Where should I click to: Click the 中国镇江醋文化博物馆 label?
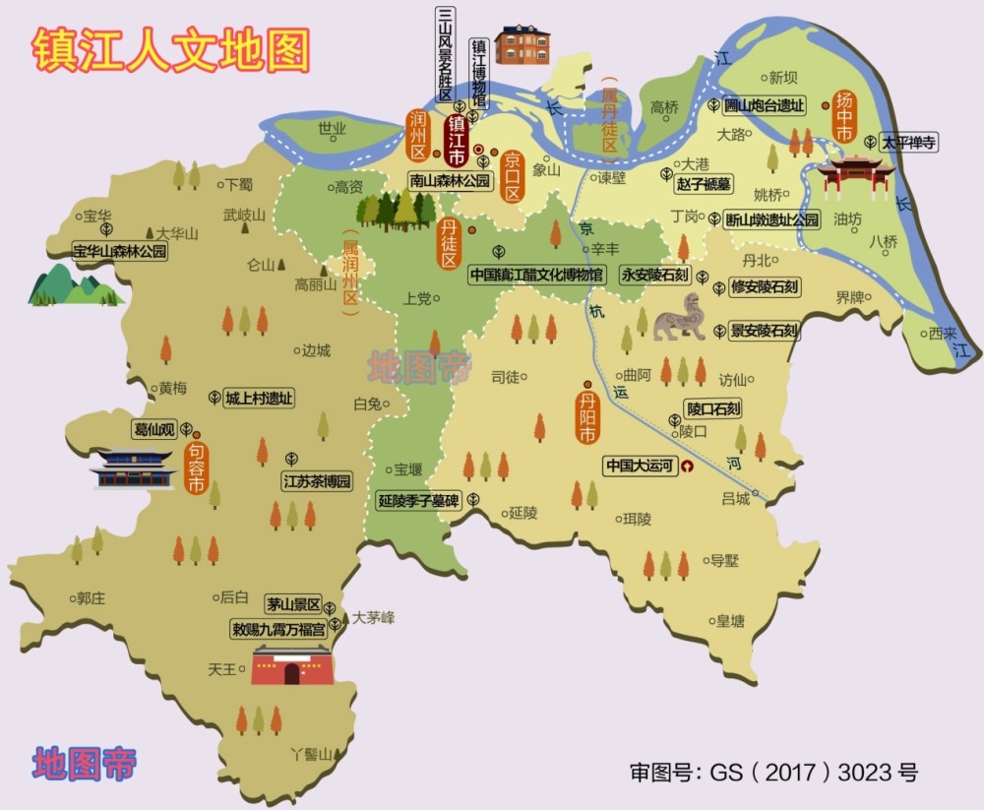point(536,275)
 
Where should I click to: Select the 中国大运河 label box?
point(641,466)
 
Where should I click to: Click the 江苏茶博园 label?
point(316,482)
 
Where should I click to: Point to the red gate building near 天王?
point(290,665)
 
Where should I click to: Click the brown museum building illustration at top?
point(522,42)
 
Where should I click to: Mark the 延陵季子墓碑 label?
point(419,500)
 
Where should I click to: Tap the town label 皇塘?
point(730,621)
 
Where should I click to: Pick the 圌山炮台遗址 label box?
point(764,105)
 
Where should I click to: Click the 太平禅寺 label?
point(907,143)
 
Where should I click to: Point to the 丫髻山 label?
point(318,754)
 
